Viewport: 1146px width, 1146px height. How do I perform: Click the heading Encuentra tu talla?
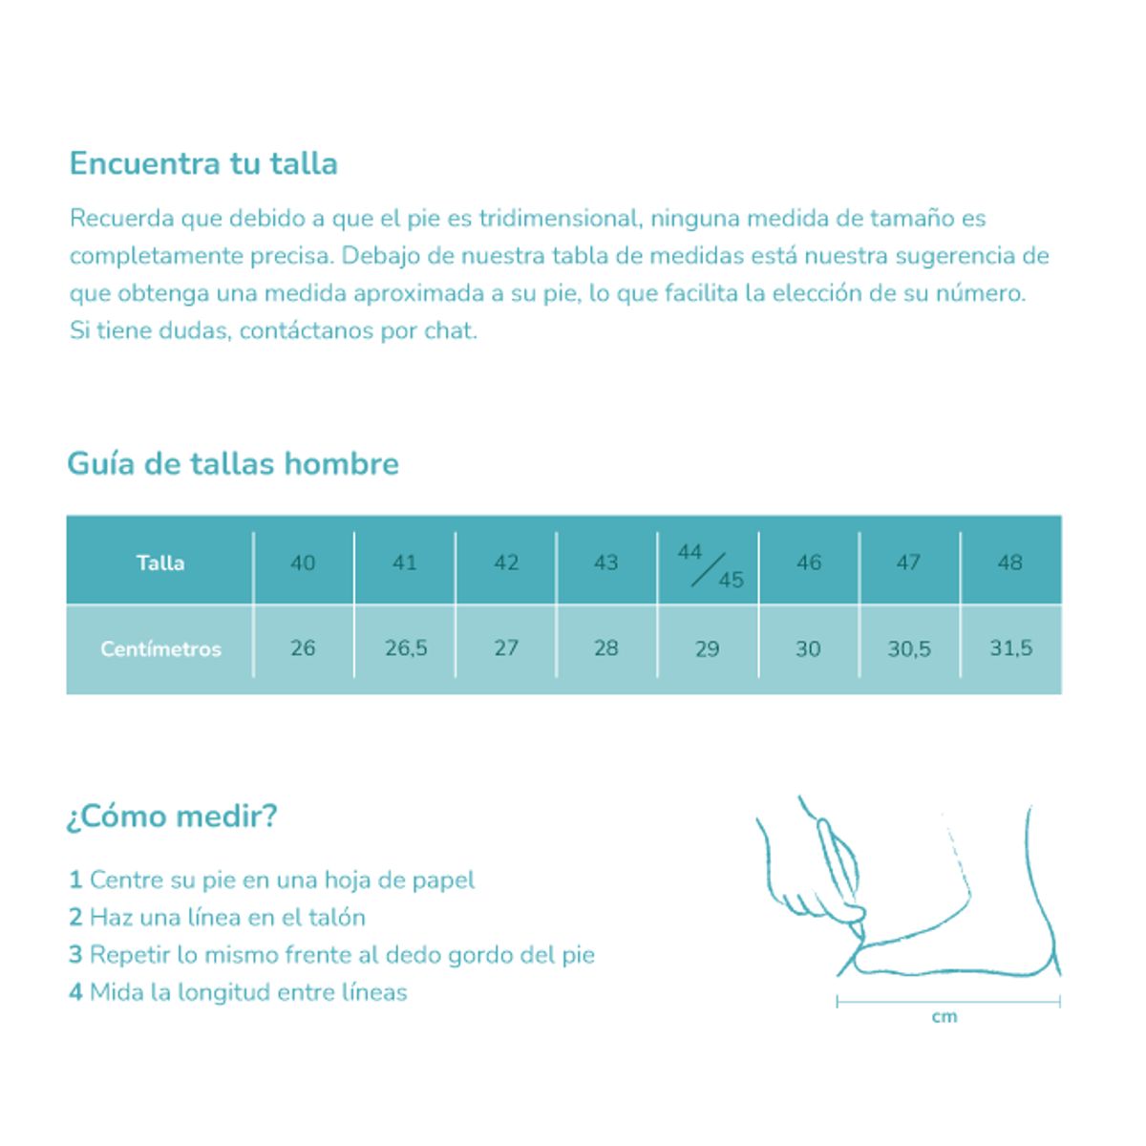203,163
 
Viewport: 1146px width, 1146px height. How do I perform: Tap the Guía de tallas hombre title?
233,464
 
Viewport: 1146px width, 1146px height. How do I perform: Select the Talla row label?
160,562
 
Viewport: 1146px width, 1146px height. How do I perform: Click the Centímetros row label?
160,648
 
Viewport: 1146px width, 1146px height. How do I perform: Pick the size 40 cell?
303,562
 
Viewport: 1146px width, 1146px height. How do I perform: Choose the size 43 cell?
606,562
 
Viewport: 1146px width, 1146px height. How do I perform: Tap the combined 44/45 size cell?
709,565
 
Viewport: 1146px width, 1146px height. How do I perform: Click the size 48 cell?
1010,562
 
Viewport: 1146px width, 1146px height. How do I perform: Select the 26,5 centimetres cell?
406,648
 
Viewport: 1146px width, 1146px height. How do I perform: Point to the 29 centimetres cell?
708,649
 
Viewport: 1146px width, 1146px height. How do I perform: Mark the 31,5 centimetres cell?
1010,648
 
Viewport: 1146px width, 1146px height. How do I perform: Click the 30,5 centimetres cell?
909,649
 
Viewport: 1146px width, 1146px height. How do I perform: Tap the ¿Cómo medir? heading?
172,817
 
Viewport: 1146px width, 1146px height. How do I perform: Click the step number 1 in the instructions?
75,880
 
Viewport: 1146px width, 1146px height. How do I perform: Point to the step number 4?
75,992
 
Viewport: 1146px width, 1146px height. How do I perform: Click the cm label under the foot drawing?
944,1017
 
